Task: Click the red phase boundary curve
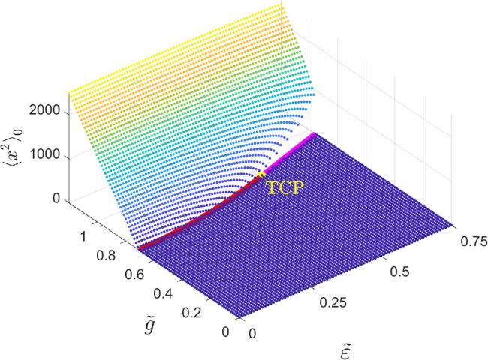tap(195, 217)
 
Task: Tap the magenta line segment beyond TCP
tap(289, 154)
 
